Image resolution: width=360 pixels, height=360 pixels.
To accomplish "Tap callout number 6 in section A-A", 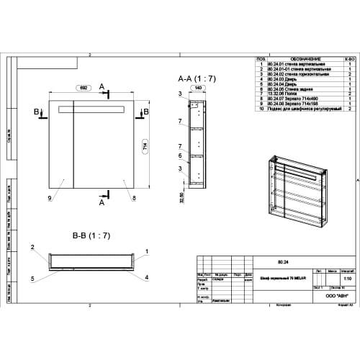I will [179, 155].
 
